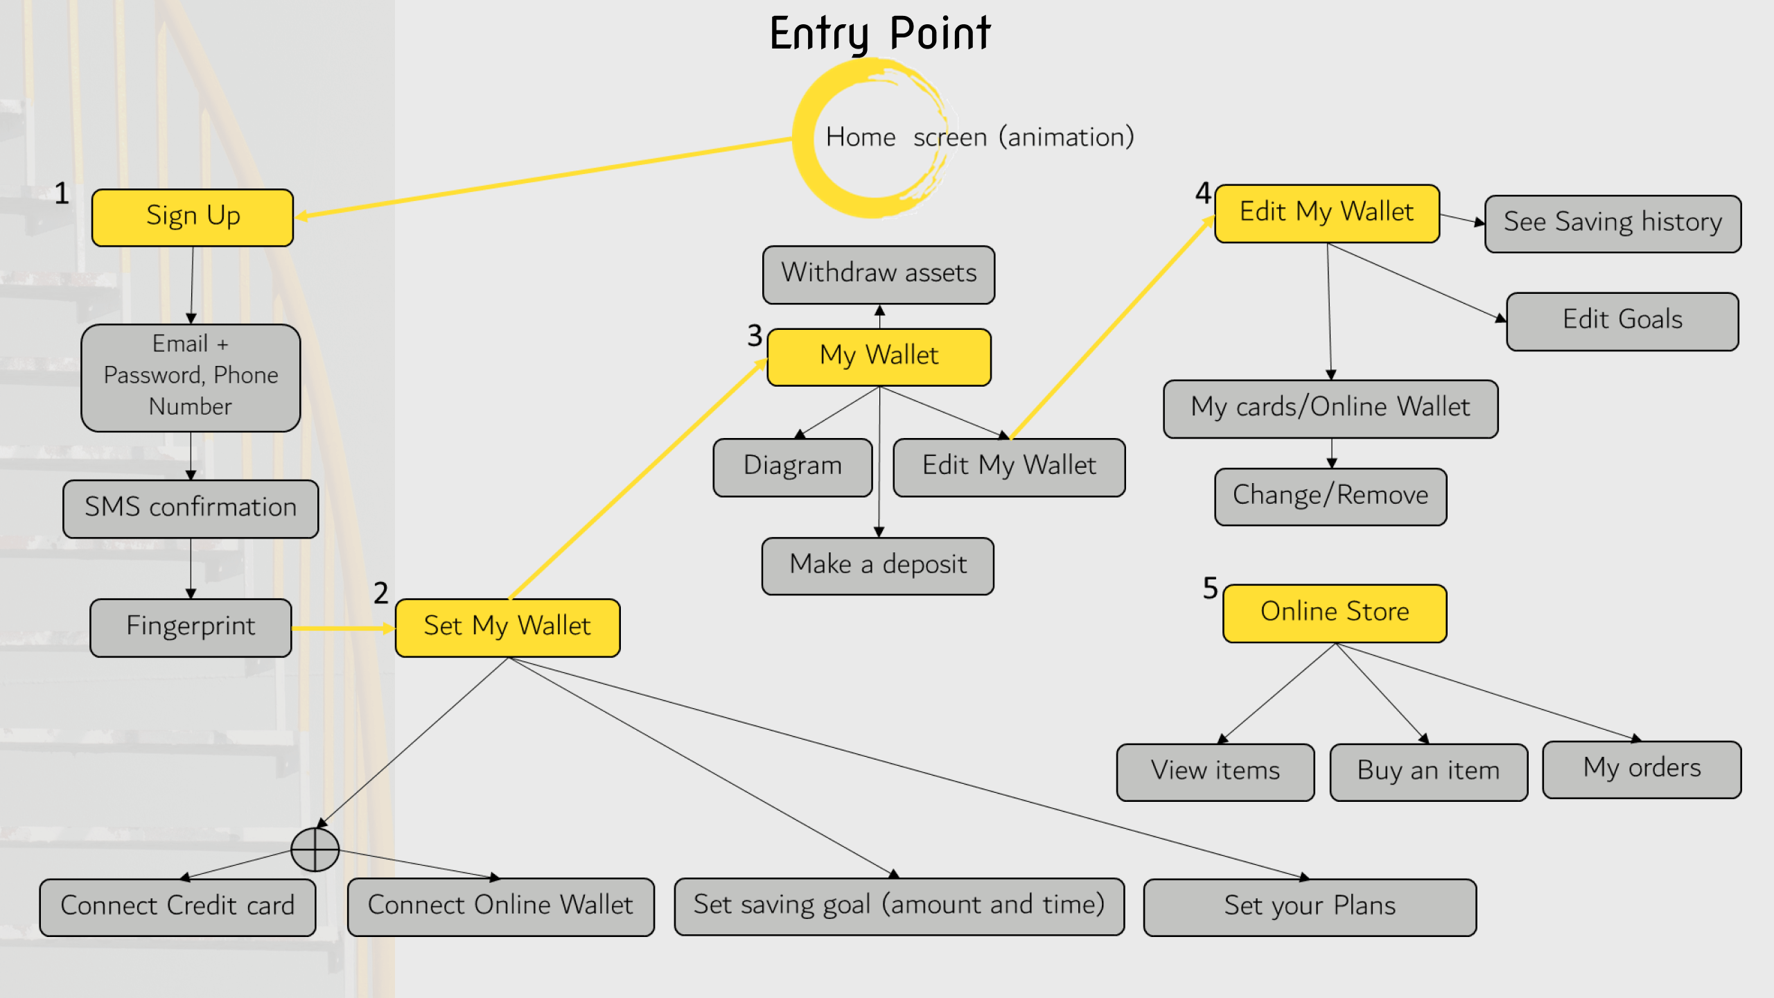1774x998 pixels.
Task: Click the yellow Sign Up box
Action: (193, 217)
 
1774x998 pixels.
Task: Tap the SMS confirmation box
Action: (191, 508)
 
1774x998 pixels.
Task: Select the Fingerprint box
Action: (191, 627)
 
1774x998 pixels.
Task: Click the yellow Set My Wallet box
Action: (507, 627)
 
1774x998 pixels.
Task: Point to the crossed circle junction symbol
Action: (315, 849)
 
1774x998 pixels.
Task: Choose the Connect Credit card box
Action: (177, 907)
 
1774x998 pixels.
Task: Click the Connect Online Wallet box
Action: (500, 907)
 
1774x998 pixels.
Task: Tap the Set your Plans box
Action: (1310, 907)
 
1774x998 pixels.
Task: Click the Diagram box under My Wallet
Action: (793, 466)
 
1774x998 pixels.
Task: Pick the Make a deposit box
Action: (877, 566)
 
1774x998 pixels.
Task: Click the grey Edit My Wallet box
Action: (1009, 466)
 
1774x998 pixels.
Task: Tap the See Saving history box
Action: (1613, 223)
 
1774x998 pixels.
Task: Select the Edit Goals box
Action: (1622, 321)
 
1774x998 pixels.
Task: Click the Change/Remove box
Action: (1330, 496)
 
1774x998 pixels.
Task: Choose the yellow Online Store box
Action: (1335, 613)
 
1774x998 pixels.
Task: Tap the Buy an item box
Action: (1428, 771)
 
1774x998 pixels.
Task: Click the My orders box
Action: (1642, 769)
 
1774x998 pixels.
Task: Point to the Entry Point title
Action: (880, 33)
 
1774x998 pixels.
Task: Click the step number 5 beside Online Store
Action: (1210, 588)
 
